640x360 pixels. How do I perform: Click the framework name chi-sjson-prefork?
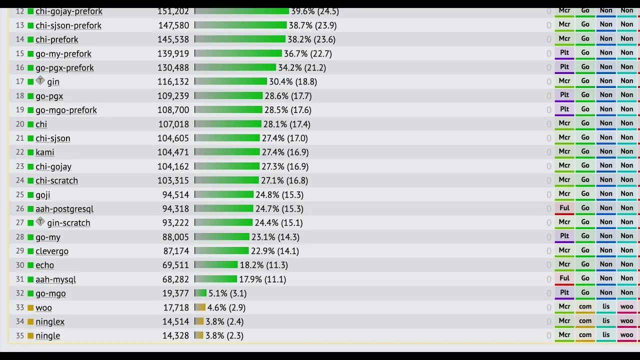[68, 25]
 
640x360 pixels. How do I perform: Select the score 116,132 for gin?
[173, 81]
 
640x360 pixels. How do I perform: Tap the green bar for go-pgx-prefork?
[235, 67]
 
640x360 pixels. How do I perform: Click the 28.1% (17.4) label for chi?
[287, 124]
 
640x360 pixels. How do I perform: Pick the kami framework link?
[45, 152]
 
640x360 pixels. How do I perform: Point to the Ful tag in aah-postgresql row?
[564, 208]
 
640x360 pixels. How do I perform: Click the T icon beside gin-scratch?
[40, 221]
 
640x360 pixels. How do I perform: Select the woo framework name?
[43, 307]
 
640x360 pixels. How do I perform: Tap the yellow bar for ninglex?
[199, 321]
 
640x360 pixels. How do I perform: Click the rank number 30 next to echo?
[20, 265]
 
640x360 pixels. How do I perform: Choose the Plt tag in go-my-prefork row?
[564, 53]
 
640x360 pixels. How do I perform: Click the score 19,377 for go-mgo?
[175, 293]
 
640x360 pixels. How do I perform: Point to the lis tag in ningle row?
[606, 335]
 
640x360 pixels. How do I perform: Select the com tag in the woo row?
[585, 307]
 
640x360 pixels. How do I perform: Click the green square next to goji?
[30, 195]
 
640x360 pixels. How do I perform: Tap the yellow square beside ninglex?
[30, 321]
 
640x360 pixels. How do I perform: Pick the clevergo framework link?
[52, 251]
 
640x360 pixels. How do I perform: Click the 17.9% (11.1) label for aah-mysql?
[262, 279]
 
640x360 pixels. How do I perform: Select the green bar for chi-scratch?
[226, 180]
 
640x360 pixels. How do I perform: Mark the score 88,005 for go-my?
[175, 237]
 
